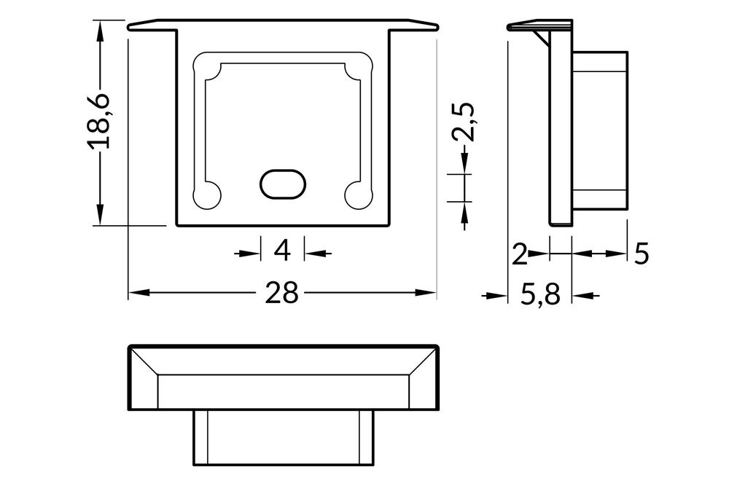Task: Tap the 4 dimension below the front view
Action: [282, 251]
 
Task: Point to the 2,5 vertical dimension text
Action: [467, 122]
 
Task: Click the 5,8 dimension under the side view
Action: [541, 295]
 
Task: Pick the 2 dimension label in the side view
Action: [519, 254]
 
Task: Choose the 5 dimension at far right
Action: [642, 254]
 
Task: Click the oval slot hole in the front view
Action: [282, 183]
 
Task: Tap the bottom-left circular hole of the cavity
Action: [208, 194]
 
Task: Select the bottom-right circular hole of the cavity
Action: [356, 194]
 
